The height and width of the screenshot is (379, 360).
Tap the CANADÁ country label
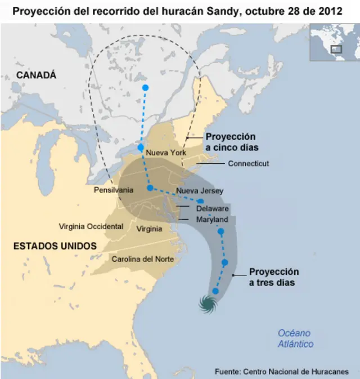[36, 75]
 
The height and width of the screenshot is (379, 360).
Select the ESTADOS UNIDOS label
[55, 246]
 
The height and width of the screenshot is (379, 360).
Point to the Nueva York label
[166, 153]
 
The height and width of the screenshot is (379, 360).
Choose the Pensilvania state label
[113, 190]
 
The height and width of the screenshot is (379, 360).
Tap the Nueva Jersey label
[200, 191]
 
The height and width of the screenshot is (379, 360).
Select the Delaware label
[212, 209]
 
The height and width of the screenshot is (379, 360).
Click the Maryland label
[211, 219]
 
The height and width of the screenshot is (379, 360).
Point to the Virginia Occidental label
[91, 226]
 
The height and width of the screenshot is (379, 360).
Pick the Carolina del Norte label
[142, 259]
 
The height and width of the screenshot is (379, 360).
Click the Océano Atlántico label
[295, 338]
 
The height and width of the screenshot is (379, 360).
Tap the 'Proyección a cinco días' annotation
[231, 142]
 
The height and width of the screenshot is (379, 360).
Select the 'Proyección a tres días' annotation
[273, 277]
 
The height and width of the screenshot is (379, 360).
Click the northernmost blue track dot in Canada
[145, 87]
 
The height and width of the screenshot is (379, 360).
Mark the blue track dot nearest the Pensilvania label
[150, 188]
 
